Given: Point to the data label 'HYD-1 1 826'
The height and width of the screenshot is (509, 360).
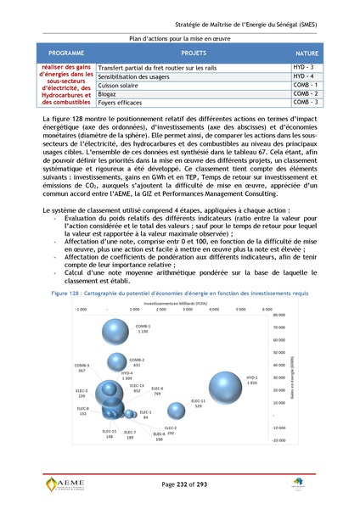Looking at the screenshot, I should [251, 380].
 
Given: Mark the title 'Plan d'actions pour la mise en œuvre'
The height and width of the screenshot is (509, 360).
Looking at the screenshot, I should [179, 39].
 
